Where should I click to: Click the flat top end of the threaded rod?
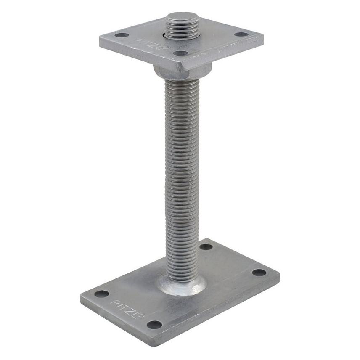(x=183, y=17)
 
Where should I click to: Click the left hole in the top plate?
(x=122, y=35)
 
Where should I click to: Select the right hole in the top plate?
(x=241, y=34)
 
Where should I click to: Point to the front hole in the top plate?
(x=180, y=53)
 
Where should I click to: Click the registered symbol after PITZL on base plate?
(x=141, y=316)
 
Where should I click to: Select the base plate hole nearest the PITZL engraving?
(x=101, y=294)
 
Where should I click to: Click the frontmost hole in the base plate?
(x=154, y=324)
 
